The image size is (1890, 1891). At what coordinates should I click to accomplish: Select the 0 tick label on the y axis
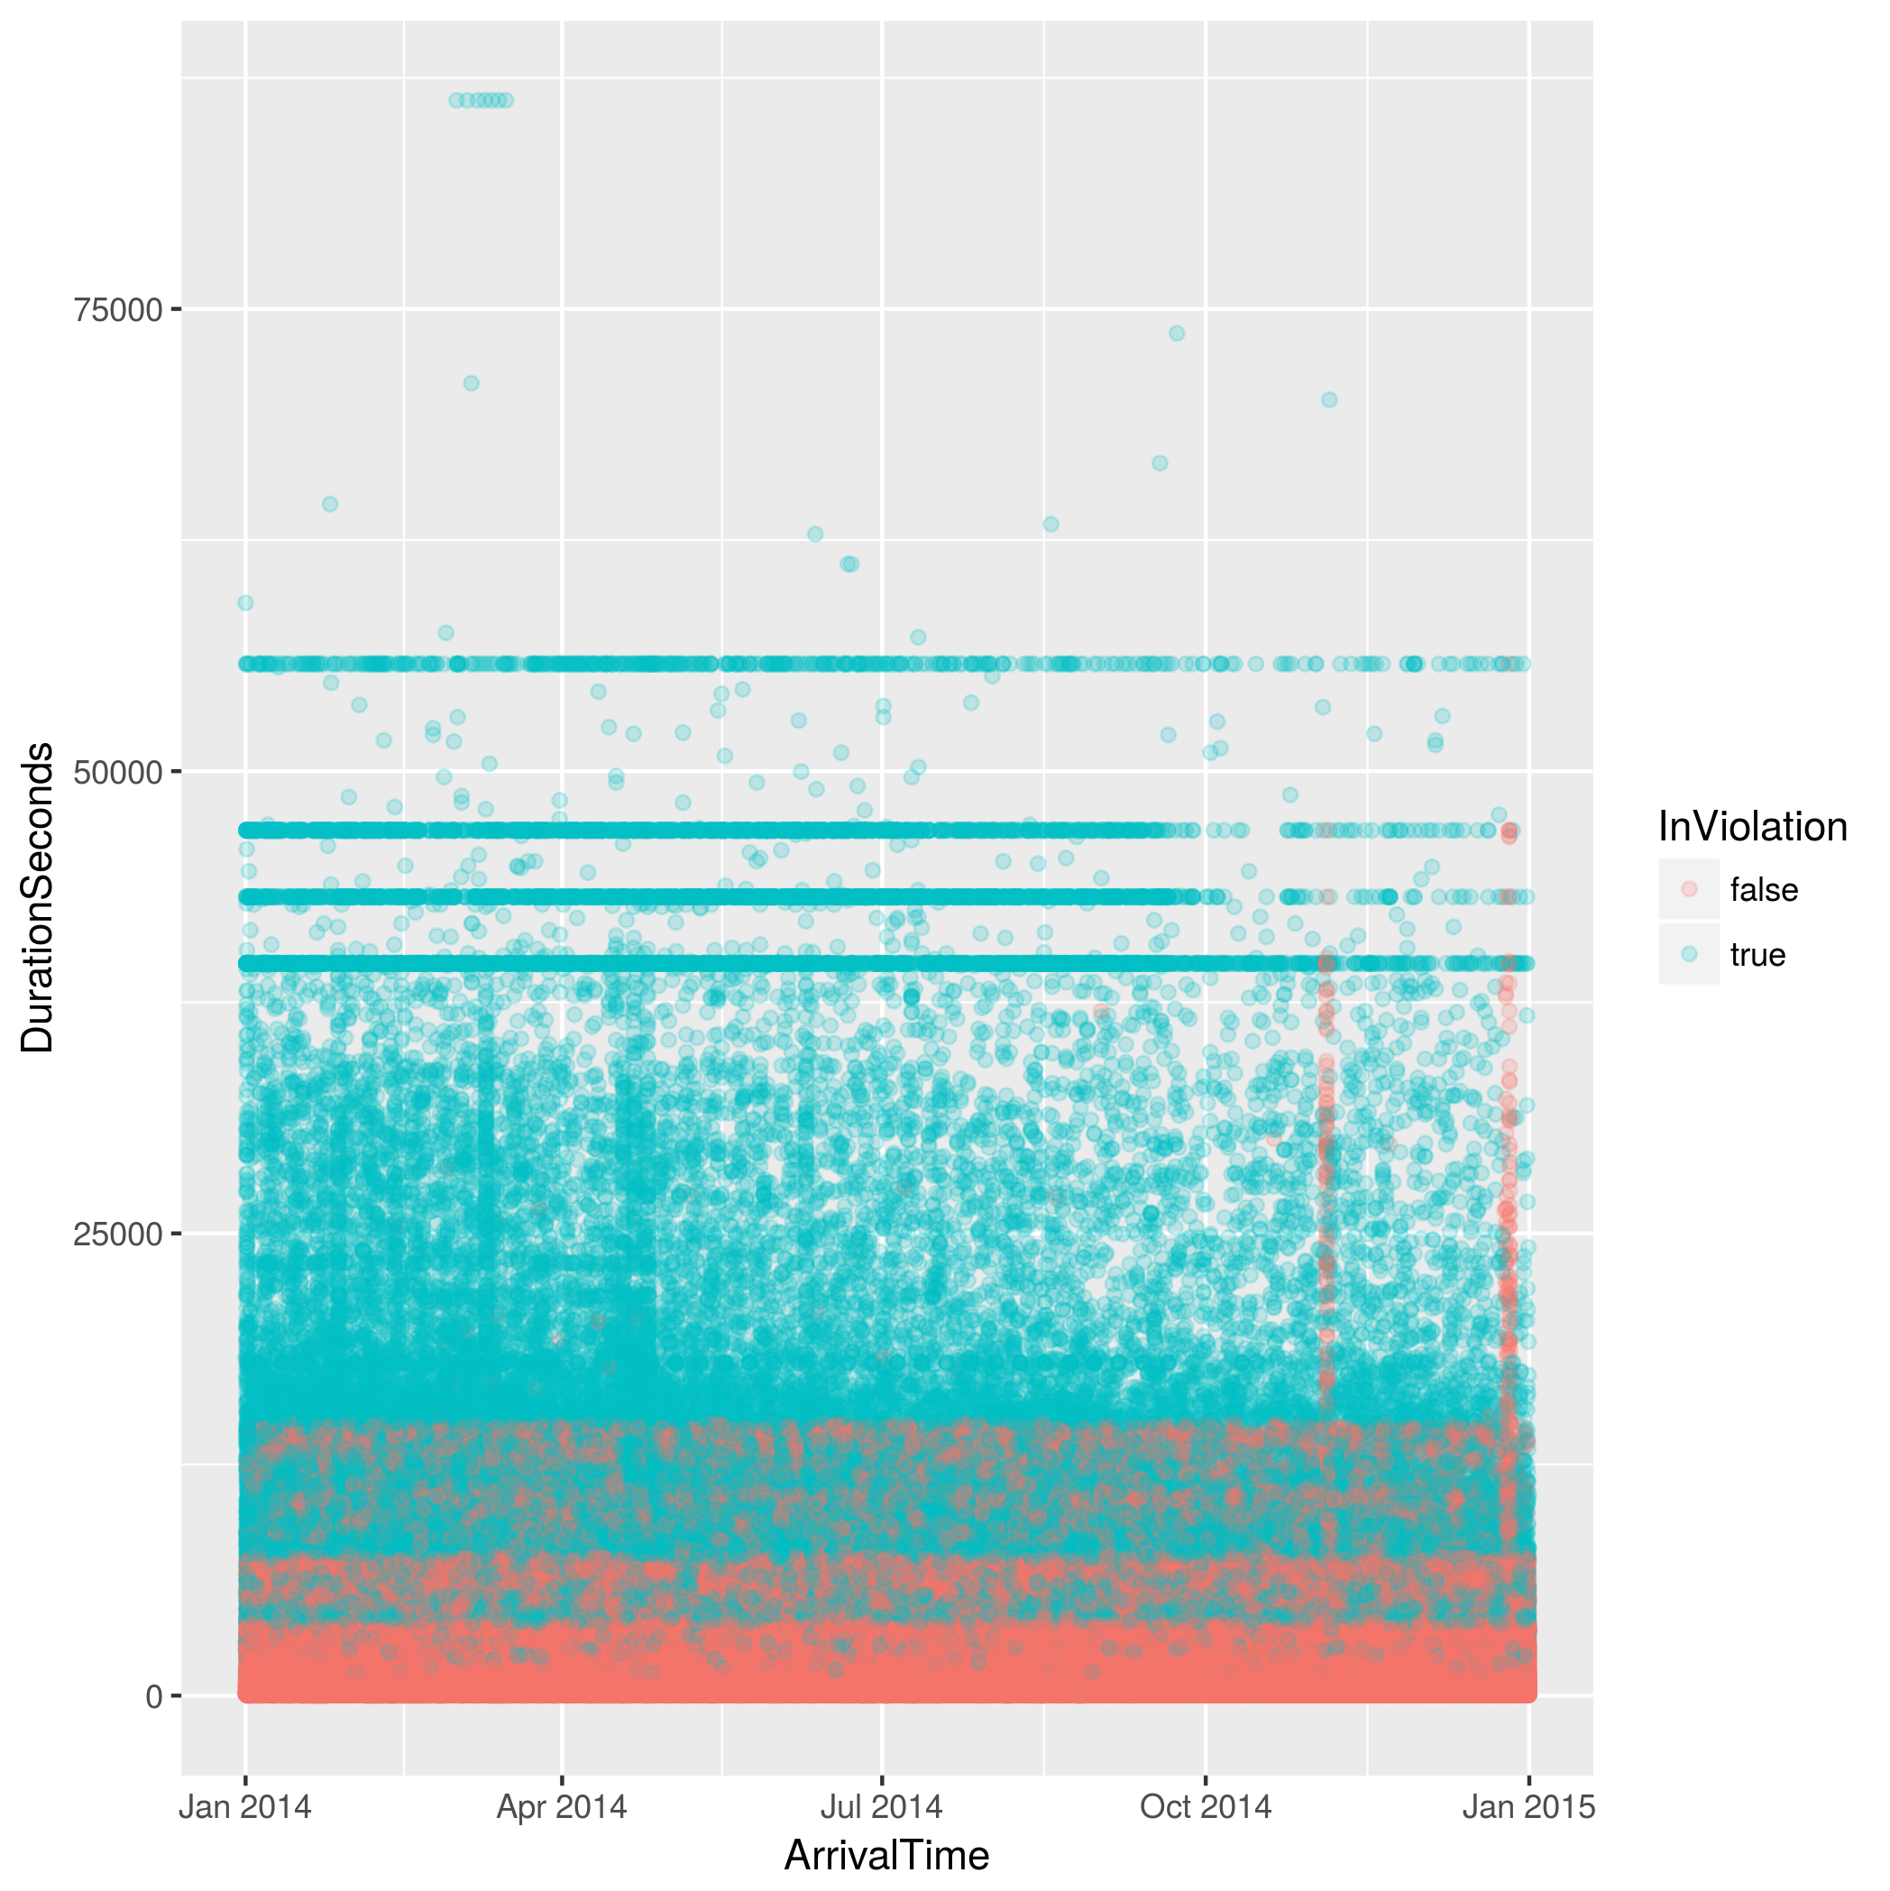pos(153,1696)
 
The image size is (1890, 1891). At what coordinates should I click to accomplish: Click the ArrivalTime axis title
pos(886,1856)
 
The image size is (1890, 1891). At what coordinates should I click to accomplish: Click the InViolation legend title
pos(1752,828)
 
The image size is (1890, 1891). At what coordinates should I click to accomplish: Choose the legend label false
pos(1764,890)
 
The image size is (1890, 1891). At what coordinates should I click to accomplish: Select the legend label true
pos(1757,954)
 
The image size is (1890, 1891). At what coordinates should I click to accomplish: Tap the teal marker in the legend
pos(1688,953)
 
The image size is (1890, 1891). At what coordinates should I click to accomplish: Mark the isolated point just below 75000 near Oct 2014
pos(1177,334)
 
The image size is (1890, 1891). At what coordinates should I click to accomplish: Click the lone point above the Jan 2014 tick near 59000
pos(245,603)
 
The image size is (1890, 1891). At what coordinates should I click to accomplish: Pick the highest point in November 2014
pos(1329,399)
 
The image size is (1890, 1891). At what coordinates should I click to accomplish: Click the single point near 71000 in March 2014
pos(471,382)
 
